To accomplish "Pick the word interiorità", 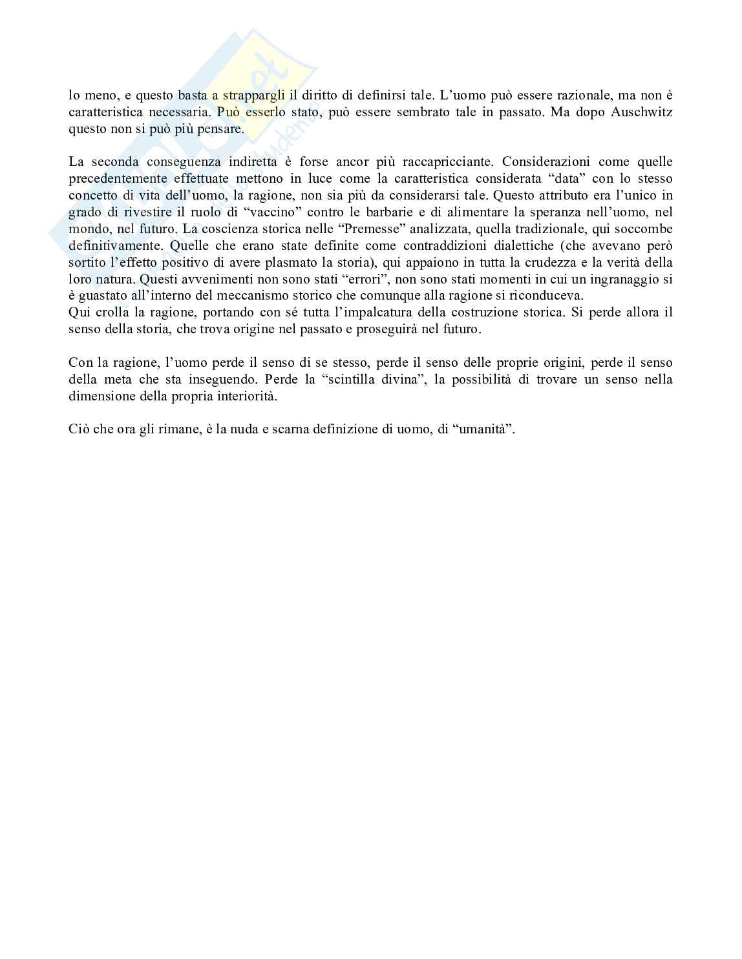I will [x=244, y=396].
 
